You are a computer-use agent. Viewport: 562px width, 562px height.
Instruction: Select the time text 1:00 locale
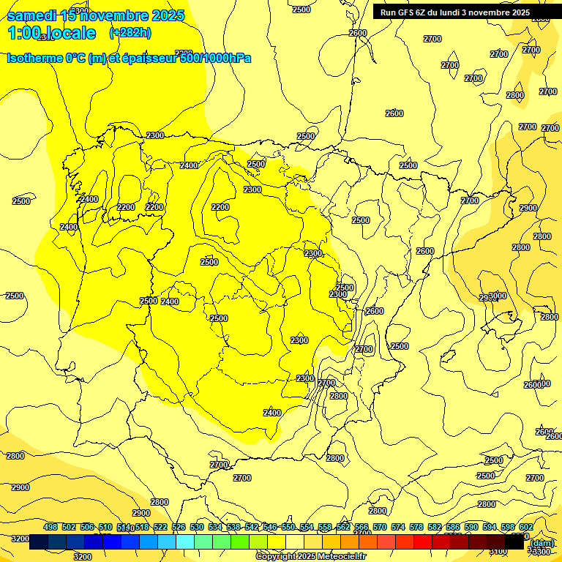(x=51, y=33)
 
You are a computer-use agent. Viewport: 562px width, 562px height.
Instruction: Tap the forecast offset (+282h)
(x=130, y=33)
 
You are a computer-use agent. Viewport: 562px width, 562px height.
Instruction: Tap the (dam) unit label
(x=541, y=543)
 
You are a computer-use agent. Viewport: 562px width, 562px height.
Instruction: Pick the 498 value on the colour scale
(x=50, y=527)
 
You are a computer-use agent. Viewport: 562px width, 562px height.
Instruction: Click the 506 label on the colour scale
(x=87, y=527)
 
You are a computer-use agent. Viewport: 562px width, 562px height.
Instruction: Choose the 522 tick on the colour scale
(x=160, y=527)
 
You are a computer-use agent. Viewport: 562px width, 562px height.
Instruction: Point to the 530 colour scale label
(x=197, y=527)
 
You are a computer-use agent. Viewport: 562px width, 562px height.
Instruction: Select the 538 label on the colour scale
(x=233, y=527)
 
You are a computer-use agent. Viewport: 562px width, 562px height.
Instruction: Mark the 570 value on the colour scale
(x=380, y=527)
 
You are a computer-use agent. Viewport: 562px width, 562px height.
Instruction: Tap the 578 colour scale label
(x=416, y=527)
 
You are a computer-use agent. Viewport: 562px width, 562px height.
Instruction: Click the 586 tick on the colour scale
(x=453, y=527)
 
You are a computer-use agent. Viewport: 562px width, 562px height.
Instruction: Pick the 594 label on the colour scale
(x=490, y=527)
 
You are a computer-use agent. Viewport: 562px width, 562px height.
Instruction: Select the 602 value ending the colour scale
(x=526, y=527)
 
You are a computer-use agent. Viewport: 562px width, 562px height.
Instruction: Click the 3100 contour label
(x=497, y=552)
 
